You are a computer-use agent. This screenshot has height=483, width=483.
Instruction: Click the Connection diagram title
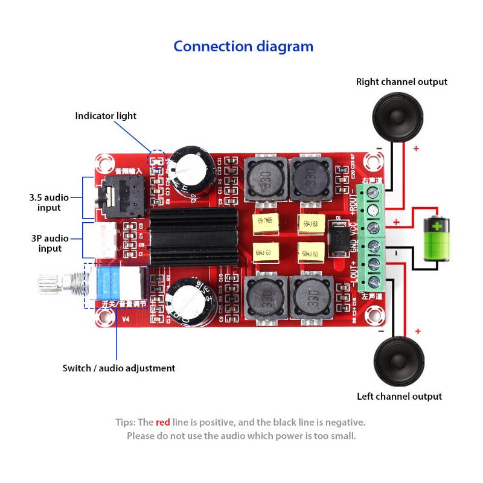[243, 46]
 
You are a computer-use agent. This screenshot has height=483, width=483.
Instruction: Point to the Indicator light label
[106, 115]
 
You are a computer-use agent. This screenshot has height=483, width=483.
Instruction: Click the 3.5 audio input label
[49, 202]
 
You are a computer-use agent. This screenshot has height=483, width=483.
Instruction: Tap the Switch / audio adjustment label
[119, 368]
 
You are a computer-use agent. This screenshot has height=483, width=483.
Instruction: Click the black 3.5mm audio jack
[114, 197]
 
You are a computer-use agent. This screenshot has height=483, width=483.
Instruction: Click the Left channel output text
[399, 397]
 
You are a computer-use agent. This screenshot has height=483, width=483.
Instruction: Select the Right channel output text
[401, 82]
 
